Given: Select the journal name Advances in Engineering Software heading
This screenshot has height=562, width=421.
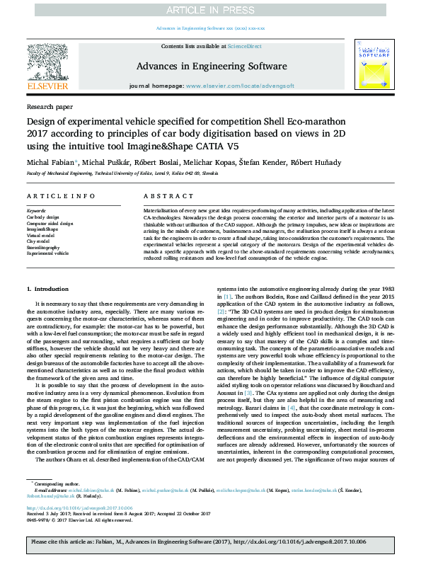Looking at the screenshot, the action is click(210, 67).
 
